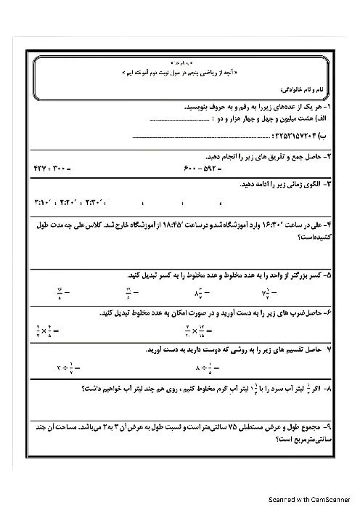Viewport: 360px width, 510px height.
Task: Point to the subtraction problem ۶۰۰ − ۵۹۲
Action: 202,169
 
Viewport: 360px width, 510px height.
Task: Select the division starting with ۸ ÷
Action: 208,368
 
